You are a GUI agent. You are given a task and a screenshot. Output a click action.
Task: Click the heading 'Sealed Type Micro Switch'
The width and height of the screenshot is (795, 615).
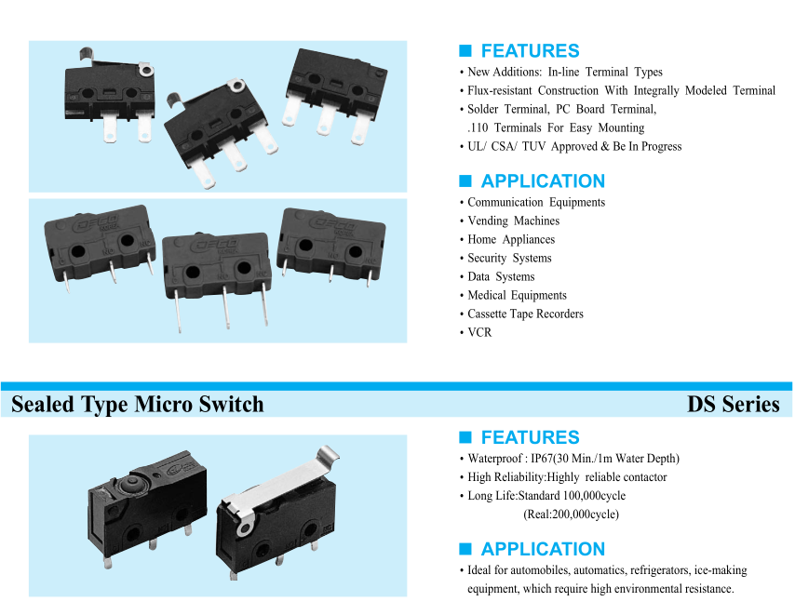tap(137, 404)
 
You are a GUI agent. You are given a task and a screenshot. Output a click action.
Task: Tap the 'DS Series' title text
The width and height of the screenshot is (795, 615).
tap(733, 404)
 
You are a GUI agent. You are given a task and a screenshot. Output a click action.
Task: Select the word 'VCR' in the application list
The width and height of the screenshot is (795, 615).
tap(479, 332)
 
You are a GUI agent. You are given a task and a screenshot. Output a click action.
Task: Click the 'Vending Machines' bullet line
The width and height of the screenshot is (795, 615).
tap(513, 221)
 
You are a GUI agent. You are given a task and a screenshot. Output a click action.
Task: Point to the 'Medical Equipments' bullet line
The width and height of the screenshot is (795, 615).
tap(517, 295)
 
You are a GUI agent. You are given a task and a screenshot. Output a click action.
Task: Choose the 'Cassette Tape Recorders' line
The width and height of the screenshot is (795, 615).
tap(525, 314)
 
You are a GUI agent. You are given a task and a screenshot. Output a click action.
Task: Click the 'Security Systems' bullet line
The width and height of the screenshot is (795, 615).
tap(509, 258)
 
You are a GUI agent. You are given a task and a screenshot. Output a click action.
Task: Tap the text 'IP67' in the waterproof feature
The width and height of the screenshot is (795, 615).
tap(543, 459)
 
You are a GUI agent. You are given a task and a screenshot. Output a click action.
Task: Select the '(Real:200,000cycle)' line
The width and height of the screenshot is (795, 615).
tap(571, 514)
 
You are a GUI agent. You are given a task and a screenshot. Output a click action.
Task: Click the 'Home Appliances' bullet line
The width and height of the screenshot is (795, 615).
tap(513, 239)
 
